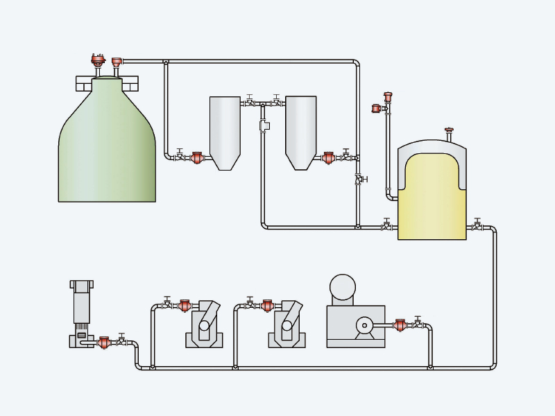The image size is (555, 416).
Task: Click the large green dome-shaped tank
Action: click(x=107, y=153)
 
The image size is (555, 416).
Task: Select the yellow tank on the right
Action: click(x=432, y=201)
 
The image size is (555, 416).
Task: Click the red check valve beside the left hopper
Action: click(x=197, y=158)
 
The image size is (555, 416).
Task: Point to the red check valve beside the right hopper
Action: click(x=329, y=158)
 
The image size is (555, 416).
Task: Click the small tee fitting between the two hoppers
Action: click(x=264, y=125)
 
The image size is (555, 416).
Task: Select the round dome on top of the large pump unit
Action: click(x=343, y=287)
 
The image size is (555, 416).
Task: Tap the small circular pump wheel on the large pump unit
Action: click(x=364, y=325)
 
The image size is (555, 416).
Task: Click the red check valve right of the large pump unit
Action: click(x=400, y=325)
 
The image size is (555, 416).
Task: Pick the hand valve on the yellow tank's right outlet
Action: click(x=477, y=227)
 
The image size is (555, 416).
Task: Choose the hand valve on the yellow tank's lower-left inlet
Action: click(x=386, y=227)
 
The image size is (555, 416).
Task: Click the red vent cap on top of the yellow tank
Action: click(x=449, y=130)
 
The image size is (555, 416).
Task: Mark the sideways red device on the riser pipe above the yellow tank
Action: click(x=376, y=108)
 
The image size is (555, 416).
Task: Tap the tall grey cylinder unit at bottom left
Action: click(x=81, y=305)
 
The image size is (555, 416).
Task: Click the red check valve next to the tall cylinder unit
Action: click(x=104, y=343)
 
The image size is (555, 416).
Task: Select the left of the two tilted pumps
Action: click(x=205, y=324)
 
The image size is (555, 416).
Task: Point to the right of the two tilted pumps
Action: click(x=287, y=324)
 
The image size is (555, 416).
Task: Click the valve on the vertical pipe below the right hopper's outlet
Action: click(x=358, y=179)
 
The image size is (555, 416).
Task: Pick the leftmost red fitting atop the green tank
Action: click(x=98, y=60)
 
